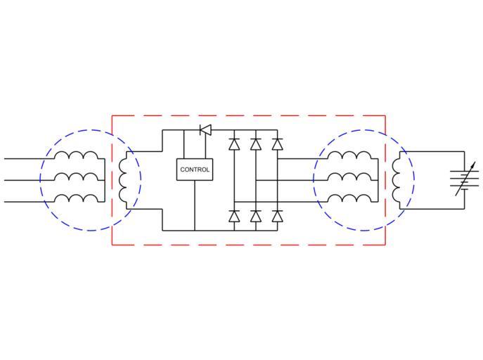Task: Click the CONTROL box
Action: pos(195,169)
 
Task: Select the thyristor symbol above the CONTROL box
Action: pos(205,129)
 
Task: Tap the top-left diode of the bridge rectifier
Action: pos(234,145)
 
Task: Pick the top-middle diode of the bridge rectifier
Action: pos(255,145)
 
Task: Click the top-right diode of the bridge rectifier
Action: pos(277,145)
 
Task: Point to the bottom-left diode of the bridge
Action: pos(234,215)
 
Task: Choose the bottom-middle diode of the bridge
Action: pos(255,215)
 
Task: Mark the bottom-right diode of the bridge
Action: pos(277,215)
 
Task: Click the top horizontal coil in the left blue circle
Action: pos(77,156)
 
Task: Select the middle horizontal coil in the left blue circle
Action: pos(77,177)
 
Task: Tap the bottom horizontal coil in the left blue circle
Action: pos(77,199)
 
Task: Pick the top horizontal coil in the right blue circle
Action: pos(350,156)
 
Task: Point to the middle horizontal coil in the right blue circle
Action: pos(350,177)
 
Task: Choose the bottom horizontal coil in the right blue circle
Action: pos(350,199)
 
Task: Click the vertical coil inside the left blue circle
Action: pos(123,180)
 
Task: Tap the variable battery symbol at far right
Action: pos(464,181)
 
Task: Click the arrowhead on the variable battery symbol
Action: pos(475,167)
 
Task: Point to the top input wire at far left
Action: pos(21,159)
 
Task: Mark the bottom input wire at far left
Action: pos(21,202)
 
